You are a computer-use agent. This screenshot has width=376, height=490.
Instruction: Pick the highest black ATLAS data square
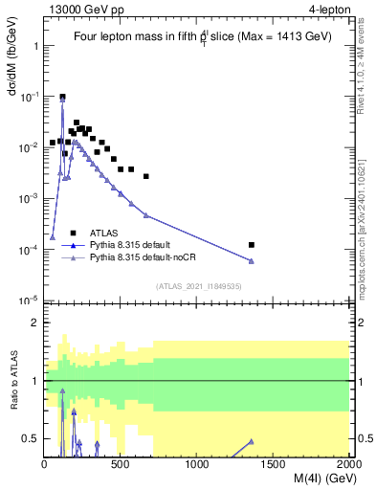[62, 97]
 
